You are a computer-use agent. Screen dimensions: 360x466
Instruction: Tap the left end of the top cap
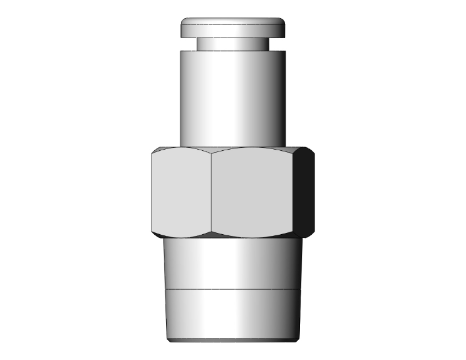click(x=184, y=28)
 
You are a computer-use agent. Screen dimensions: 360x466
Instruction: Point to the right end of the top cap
click(x=283, y=28)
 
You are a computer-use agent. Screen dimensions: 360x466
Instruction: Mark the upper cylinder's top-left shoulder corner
click(x=182, y=51)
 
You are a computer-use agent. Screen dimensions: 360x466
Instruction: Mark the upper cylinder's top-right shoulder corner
click(x=286, y=51)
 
